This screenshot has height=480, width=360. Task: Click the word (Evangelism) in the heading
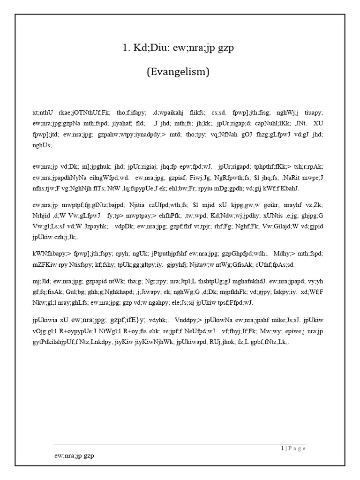(179, 72)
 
